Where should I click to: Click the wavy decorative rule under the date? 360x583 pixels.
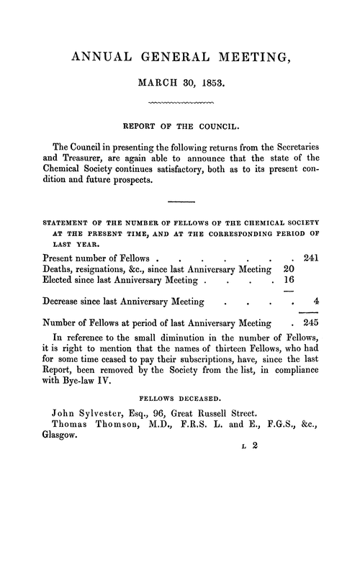click(180, 104)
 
